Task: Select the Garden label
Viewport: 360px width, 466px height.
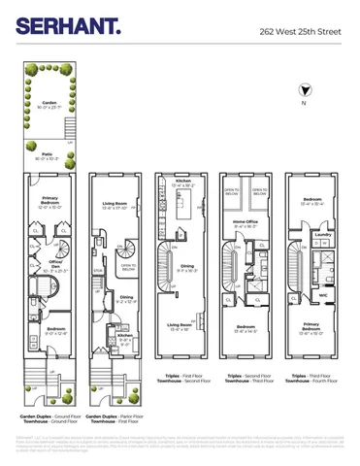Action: click(49, 102)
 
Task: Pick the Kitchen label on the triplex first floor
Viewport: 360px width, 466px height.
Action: click(182, 182)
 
